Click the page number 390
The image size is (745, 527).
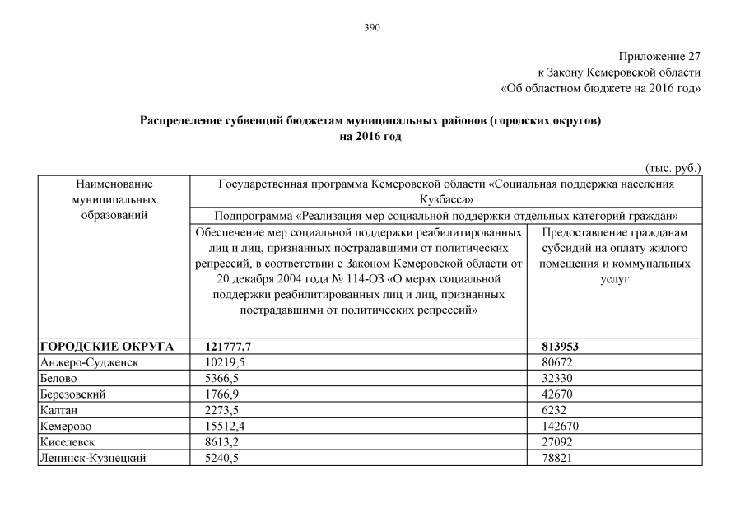372,27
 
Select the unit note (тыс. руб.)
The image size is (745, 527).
673,168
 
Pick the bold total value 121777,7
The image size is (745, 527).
227,347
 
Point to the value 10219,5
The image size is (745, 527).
226,362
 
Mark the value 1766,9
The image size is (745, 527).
222,394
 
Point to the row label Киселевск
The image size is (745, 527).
67,442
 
